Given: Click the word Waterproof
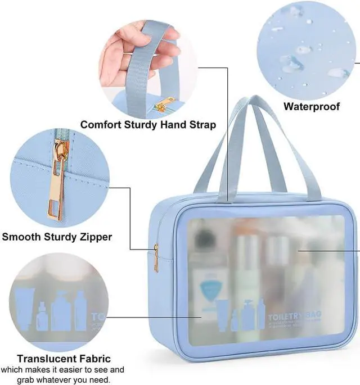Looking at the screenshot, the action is (311, 106).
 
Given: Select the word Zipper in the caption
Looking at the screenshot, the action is (93, 237).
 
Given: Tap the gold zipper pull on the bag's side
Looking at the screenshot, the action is (156, 258).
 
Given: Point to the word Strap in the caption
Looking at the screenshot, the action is (201, 124).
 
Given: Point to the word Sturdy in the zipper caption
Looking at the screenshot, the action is (60, 237).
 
